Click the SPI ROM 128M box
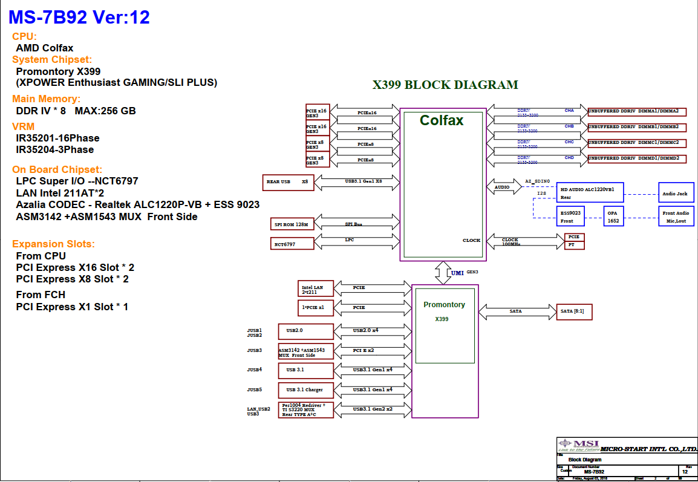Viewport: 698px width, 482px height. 292,224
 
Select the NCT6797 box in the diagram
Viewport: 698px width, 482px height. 292,243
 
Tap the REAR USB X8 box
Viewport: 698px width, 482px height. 288,181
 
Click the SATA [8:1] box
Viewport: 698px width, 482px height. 574,311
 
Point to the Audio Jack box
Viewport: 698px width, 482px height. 676,194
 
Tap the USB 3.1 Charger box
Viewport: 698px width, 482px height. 305,390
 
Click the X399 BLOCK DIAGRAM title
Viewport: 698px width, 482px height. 445,85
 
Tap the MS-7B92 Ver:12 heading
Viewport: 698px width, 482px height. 79,18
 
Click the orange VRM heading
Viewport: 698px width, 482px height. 24,126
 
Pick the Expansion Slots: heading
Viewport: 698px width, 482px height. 54,244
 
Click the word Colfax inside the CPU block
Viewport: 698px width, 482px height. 442,120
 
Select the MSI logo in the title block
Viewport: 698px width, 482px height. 578,446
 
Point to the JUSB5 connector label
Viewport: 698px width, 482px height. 254,390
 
